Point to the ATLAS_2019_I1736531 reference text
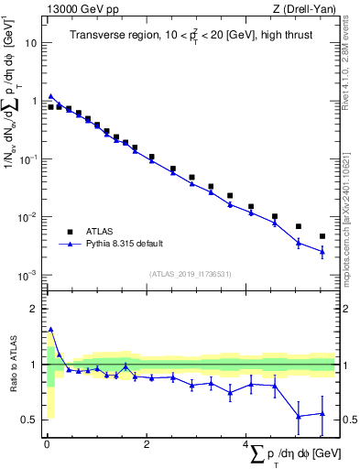[x=191, y=274]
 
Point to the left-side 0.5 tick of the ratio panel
[x=31, y=420]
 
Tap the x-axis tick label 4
[x=245, y=444]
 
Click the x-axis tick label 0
[x=46, y=444]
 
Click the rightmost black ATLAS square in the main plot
[x=322, y=236]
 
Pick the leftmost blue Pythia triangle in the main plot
[x=51, y=95]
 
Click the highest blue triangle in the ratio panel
[x=51, y=329]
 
